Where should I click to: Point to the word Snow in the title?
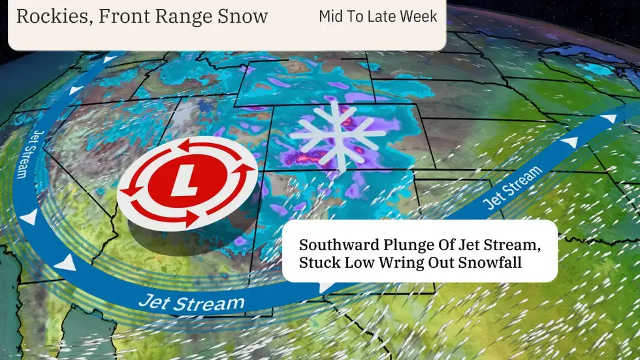point(243,17)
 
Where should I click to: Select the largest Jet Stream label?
point(192,303)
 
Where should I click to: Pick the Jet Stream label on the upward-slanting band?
point(513,187)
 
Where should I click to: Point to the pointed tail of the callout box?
point(325,288)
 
